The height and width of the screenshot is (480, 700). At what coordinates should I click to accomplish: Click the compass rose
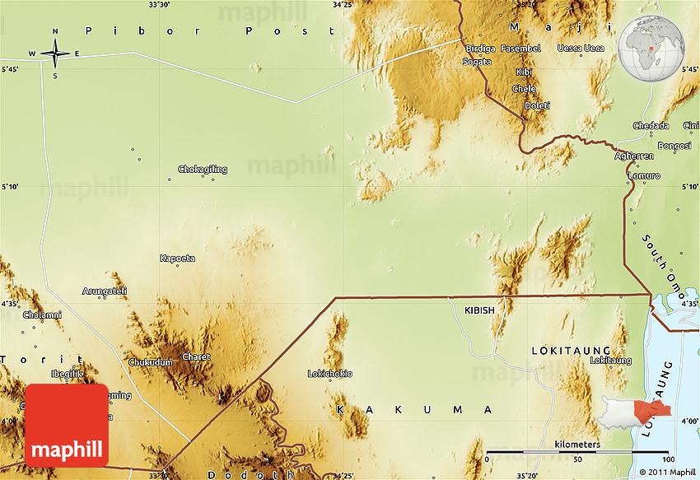[x=55, y=54]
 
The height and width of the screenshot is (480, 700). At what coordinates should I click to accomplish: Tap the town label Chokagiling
[x=203, y=170]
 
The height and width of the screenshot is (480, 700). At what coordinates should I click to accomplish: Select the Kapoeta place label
[x=177, y=259]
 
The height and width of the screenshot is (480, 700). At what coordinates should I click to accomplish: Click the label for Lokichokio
[x=329, y=374]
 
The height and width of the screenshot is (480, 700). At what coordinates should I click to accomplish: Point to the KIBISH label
[x=479, y=310]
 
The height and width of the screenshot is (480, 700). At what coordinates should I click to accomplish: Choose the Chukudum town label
[x=151, y=362]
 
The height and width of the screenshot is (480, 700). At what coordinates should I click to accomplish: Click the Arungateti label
[x=105, y=291]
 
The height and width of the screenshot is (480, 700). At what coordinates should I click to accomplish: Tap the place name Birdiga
[x=479, y=49]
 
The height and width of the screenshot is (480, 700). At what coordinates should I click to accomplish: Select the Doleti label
[x=537, y=105]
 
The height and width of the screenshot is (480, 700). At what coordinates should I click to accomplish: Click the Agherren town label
[x=635, y=156]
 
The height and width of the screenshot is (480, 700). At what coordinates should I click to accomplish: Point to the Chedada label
[x=651, y=125]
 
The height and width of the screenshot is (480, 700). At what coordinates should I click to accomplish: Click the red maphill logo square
[x=68, y=425]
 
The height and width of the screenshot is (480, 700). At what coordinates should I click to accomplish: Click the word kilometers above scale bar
[x=577, y=445]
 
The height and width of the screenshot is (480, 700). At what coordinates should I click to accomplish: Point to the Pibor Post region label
[x=197, y=30]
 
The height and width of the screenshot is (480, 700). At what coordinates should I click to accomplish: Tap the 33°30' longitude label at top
[x=159, y=5]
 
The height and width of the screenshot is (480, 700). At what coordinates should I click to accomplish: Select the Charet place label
[x=196, y=357]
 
